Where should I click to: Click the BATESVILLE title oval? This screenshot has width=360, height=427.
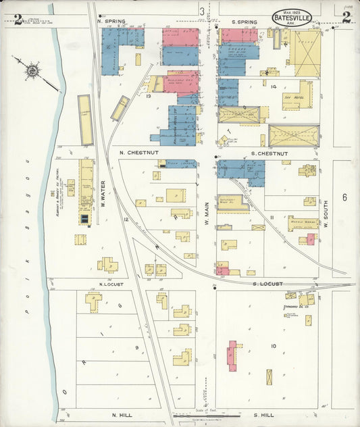(x=292, y=18)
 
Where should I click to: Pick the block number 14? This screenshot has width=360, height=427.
(x=274, y=87)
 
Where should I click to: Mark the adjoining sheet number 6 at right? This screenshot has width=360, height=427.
(x=344, y=197)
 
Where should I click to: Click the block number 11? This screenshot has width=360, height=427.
(x=272, y=217)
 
